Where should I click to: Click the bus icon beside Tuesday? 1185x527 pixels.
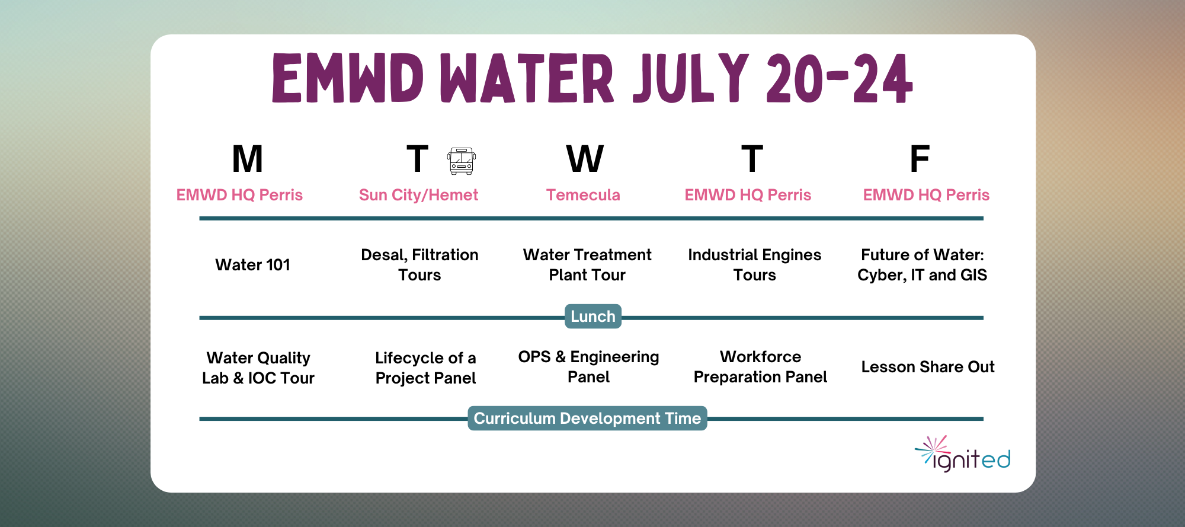click(x=462, y=161)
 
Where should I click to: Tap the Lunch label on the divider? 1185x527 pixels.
click(x=593, y=317)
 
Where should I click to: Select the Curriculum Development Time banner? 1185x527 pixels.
click(x=587, y=419)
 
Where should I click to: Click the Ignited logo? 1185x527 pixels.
click(x=963, y=454)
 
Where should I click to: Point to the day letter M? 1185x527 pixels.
click(x=247, y=159)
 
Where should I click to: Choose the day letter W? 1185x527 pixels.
click(x=585, y=159)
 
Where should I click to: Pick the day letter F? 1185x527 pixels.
click(x=920, y=159)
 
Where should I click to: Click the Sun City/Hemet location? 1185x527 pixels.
click(x=418, y=195)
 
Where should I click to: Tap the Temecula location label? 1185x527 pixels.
click(x=583, y=195)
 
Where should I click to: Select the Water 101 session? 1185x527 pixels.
click(x=252, y=265)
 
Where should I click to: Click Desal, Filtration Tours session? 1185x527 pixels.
click(x=419, y=265)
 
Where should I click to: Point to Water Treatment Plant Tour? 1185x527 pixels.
click(x=587, y=265)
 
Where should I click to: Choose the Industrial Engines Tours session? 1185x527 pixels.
click(x=754, y=265)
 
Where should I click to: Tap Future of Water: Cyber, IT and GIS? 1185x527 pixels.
click(x=922, y=265)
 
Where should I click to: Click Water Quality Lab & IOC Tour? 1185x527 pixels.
click(x=258, y=368)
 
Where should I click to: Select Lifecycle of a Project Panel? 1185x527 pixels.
click(x=425, y=368)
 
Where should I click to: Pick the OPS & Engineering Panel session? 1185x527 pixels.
click(x=588, y=367)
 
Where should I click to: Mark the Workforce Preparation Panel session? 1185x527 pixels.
click(x=760, y=367)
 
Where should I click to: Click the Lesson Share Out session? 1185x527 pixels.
click(x=928, y=367)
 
